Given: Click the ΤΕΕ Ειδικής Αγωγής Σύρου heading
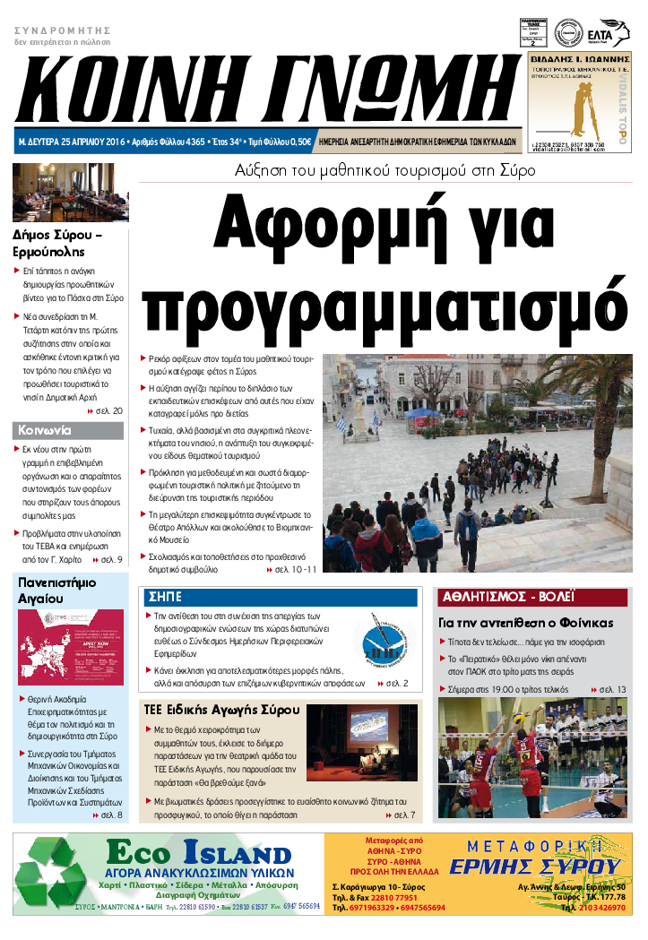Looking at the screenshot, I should click(220, 710).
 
